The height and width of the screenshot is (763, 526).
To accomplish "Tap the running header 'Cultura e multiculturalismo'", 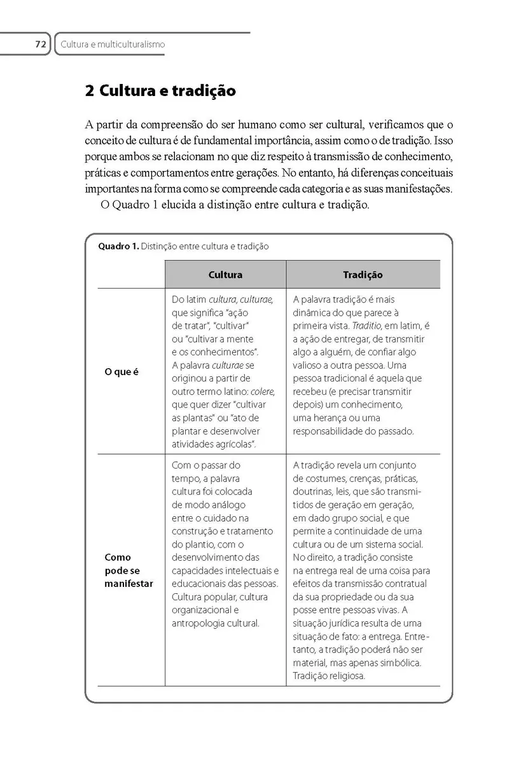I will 113,45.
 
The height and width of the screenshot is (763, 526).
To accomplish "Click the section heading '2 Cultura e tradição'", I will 160,91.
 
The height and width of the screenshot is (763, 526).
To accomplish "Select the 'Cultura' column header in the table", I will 225,275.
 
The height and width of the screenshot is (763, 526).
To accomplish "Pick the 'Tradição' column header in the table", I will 363,275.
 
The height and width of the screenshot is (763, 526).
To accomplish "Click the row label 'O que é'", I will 121,372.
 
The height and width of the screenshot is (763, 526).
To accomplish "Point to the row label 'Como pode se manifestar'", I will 128,570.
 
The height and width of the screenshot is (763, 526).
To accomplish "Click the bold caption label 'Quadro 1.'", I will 118,247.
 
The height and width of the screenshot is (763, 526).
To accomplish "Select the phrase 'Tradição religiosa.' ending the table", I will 329,676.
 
